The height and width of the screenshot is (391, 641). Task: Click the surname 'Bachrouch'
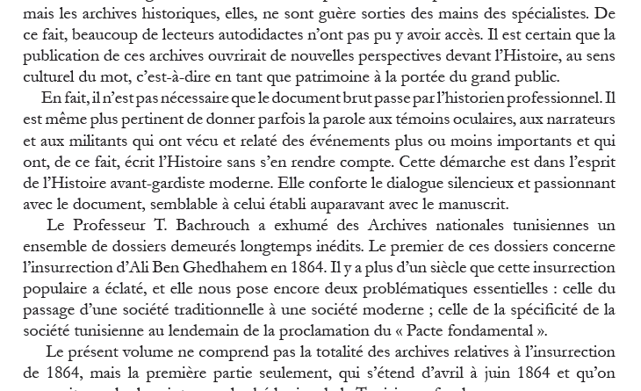point(228,225)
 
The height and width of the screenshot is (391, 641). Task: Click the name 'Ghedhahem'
point(229,267)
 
